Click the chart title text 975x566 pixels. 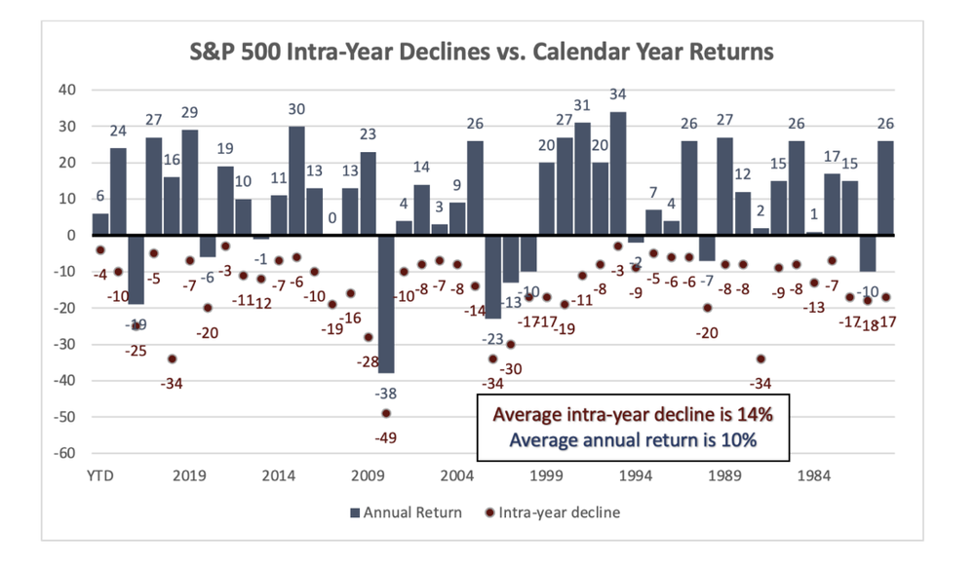[x=482, y=52]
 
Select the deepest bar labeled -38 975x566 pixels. [x=386, y=304]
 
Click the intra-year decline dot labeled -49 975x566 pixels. [x=386, y=413]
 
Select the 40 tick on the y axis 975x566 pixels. [x=65, y=90]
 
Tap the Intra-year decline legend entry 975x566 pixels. [x=552, y=511]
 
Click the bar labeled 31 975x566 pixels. [x=582, y=178]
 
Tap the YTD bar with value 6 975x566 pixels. [x=99, y=224]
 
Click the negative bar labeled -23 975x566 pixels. [x=493, y=277]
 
